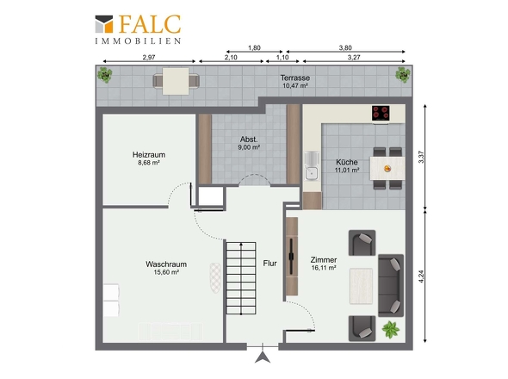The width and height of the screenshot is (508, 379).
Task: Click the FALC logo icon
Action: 104,24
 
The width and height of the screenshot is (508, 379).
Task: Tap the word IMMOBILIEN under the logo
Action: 138,41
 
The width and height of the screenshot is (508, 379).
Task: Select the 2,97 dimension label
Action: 149,57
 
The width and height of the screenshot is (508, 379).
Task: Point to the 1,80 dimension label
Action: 254,48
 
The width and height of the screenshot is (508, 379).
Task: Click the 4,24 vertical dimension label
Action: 421,276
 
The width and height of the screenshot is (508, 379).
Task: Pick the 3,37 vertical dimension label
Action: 421,157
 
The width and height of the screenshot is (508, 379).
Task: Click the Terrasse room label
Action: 295,78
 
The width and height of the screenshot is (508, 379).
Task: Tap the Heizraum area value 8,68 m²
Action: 149,163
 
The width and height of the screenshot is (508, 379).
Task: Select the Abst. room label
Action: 249,140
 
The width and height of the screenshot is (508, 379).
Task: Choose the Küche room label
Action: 347,162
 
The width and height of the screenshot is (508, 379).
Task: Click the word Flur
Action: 269,264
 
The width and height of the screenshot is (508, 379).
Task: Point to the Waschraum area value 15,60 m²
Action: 166,272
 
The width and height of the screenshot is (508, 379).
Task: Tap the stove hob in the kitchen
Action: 381,113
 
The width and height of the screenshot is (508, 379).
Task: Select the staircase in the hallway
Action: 241,278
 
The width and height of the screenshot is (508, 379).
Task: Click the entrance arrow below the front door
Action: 263,357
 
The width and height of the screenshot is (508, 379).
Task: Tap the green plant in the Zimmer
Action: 391,330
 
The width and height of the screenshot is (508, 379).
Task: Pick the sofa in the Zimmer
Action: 391,285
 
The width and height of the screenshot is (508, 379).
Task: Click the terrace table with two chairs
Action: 176,81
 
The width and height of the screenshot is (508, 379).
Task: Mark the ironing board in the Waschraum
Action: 215,278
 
